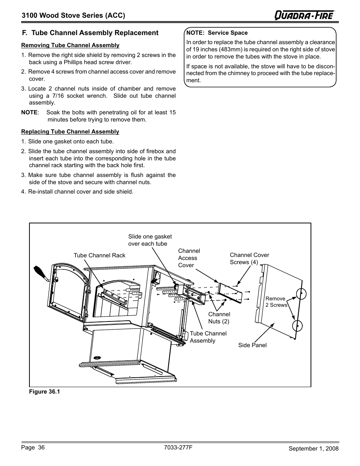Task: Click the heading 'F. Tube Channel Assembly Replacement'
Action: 90,33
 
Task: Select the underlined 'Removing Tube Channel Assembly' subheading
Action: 70,45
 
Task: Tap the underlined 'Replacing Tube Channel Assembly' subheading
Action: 70,132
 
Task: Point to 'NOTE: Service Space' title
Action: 217,33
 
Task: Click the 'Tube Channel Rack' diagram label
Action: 99,255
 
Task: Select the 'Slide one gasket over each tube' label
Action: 150,240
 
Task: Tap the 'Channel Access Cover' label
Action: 189,258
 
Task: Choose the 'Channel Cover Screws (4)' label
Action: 249,258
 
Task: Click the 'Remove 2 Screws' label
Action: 276,302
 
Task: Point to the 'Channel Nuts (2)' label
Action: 219,318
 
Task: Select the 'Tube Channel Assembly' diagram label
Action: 208,337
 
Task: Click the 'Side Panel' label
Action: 252,345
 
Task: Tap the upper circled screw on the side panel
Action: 301,294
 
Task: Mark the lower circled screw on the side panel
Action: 297,325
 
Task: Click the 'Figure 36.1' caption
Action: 45,392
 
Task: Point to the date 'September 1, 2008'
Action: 314,448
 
